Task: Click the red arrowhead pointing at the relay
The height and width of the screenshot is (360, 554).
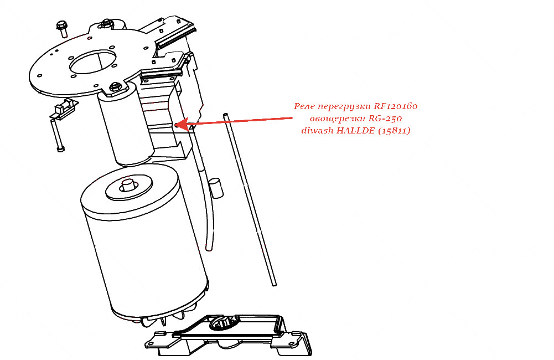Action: pos(182,124)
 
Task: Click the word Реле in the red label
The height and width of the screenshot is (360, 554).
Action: pos(304,106)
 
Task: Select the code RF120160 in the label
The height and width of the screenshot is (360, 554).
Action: pos(395,106)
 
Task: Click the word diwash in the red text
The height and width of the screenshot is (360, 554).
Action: pos(317,131)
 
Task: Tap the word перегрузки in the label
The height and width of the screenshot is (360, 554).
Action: pos(344,107)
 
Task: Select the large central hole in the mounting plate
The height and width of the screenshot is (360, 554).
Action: pos(94,61)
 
